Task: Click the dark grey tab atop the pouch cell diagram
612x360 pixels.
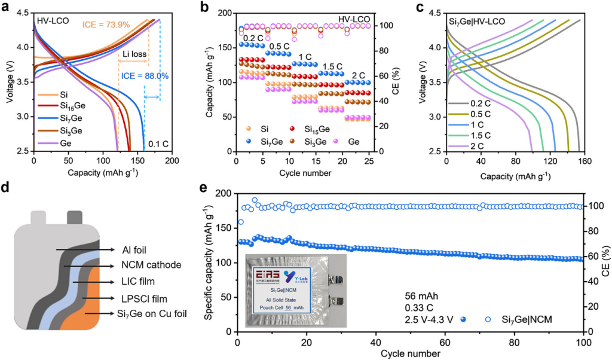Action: (75, 216)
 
